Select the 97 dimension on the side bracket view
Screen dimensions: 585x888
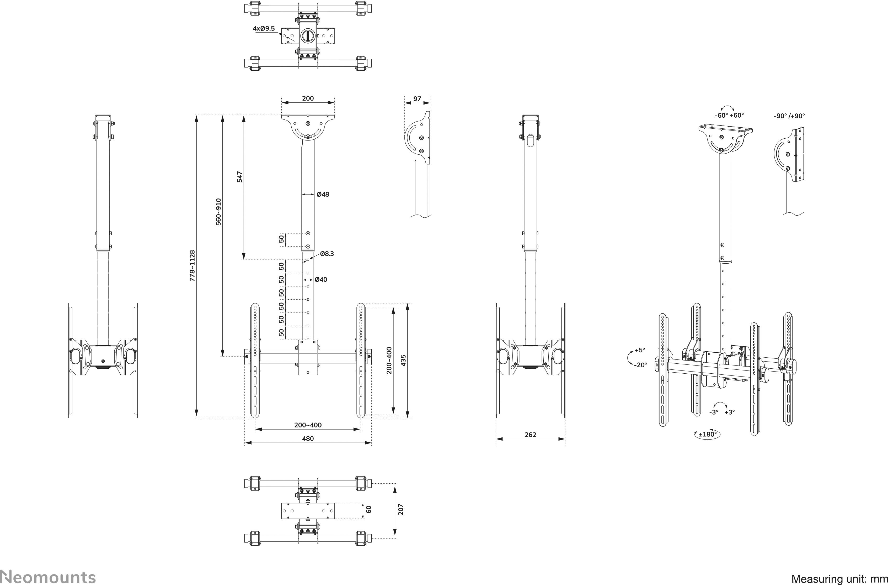point(417,99)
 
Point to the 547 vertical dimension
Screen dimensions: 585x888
point(240,177)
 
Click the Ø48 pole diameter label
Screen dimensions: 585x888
point(323,194)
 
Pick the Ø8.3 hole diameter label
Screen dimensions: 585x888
point(327,254)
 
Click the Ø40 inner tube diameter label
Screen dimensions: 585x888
point(321,279)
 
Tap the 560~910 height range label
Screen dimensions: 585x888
point(219,212)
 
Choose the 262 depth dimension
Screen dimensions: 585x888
point(530,435)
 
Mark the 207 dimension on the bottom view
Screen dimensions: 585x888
point(401,510)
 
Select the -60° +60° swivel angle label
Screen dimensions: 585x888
point(729,116)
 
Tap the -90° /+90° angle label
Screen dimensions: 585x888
point(789,116)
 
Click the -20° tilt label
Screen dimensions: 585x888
point(640,365)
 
